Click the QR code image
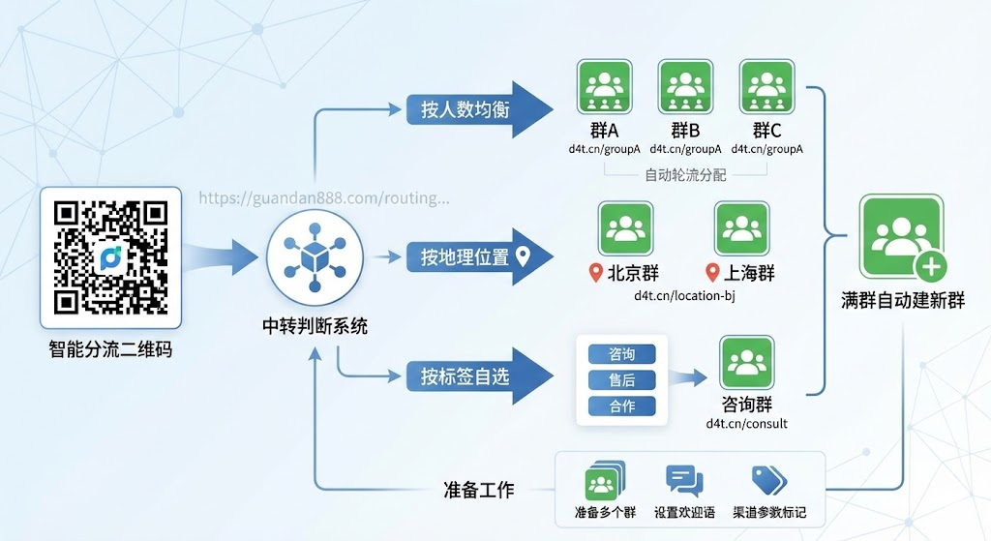point(110,256)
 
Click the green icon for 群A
point(605,89)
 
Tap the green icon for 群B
point(685,89)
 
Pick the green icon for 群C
point(767,89)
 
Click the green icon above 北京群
point(626,228)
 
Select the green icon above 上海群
point(742,228)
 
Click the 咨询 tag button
point(622,354)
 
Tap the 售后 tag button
point(622,380)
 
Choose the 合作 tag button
point(622,406)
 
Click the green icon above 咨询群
point(746,363)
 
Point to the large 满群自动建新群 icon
point(901,238)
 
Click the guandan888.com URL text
point(324,198)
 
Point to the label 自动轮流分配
point(685,175)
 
